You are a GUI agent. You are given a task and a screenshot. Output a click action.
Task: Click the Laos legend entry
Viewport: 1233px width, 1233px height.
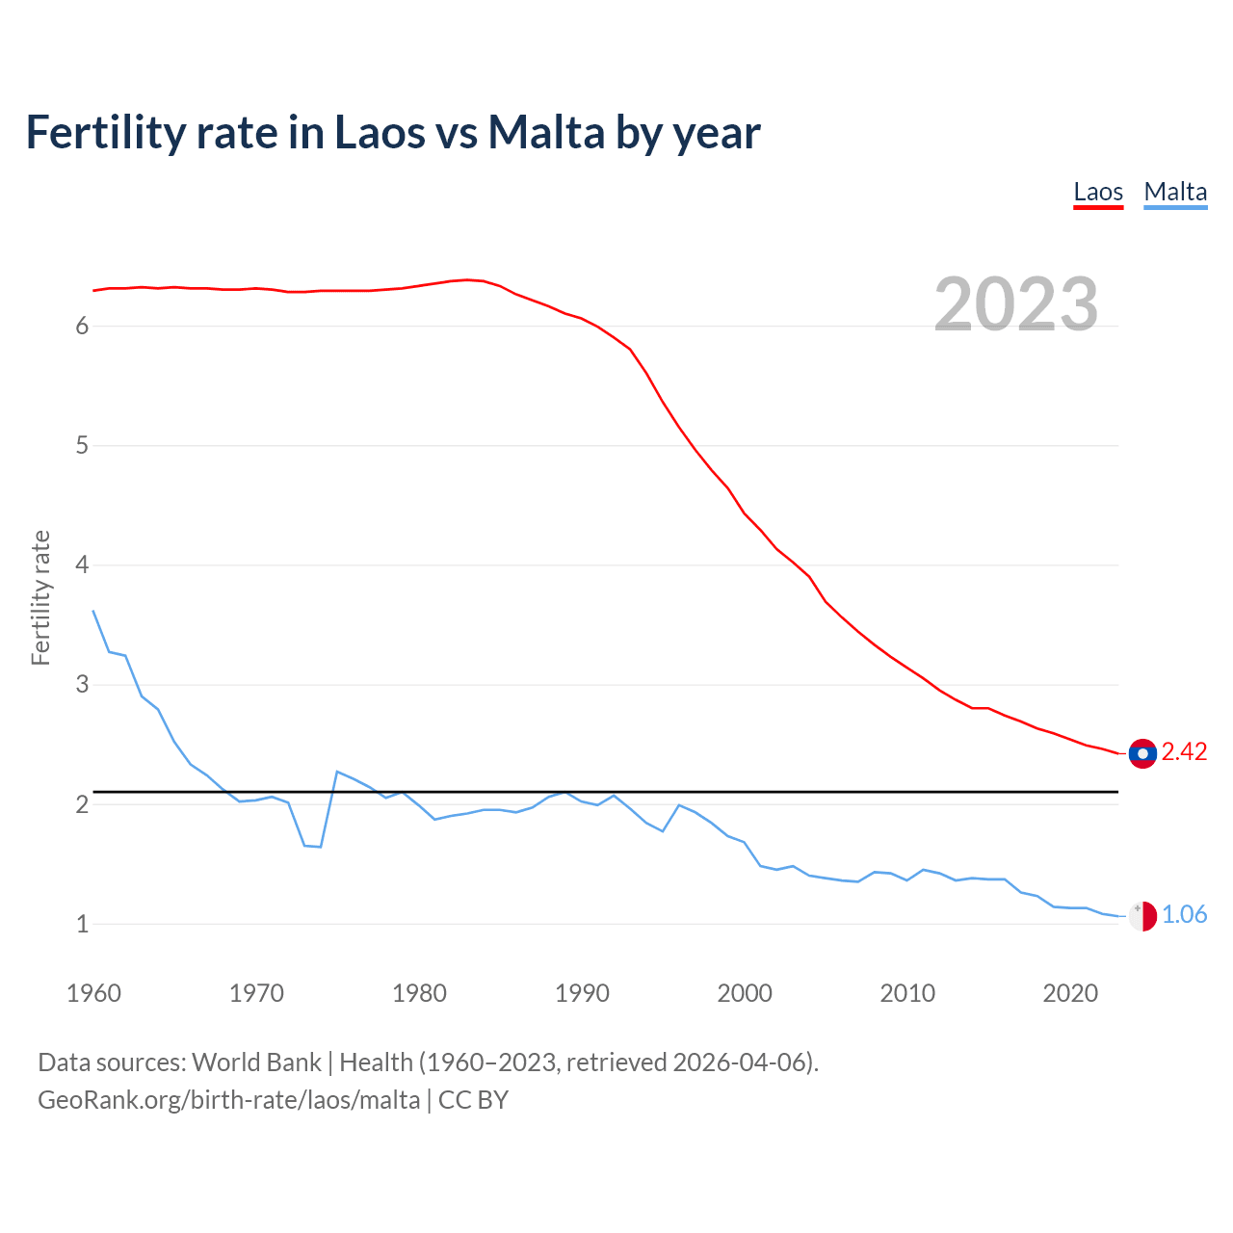pyautogui.click(x=1098, y=192)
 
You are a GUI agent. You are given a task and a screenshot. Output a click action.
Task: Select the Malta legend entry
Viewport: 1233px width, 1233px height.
pyautogui.click(x=1175, y=192)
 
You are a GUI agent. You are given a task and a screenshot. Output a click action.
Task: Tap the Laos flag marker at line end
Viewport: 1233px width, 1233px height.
pyautogui.click(x=1142, y=753)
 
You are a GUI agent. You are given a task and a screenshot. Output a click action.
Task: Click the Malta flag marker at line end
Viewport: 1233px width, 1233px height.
pyautogui.click(x=1142, y=916)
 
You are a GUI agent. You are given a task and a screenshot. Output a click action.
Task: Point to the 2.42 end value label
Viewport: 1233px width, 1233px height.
pyautogui.click(x=1184, y=752)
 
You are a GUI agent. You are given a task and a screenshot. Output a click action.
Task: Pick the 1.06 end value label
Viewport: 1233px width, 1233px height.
pyautogui.click(x=1184, y=915)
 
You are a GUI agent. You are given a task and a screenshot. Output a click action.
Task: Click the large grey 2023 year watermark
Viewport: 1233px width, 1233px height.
pyautogui.click(x=1016, y=304)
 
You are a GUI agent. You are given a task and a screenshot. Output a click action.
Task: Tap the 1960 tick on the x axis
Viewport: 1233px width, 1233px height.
pyautogui.click(x=93, y=993)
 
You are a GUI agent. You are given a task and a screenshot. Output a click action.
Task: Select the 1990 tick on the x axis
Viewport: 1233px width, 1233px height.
pyautogui.click(x=582, y=993)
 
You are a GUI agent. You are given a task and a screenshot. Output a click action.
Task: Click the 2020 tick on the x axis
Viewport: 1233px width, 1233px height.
pyautogui.click(x=1070, y=993)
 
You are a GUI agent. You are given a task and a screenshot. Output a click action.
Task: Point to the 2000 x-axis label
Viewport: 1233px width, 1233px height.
pyautogui.click(x=745, y=993)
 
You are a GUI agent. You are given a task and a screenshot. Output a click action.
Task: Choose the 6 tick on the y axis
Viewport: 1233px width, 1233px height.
pyautogui.click(x=82, y=327)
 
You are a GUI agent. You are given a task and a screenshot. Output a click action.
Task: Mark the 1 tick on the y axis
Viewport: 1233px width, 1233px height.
pyautogui.click(x=82, y=925)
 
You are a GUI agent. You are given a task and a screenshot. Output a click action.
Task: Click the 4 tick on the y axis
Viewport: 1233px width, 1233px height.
pyautogui.click(x=82, y=565)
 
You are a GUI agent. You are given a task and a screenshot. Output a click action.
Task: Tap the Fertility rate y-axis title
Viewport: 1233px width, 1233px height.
pyautogui.click(x=40, y=597)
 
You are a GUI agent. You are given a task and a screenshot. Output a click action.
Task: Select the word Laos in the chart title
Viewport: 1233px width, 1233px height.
pyautogui.click(x=379, y=133)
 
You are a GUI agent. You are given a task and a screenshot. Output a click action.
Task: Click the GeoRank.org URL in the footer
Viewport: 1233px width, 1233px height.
pyautogui.click(x=229, y=1100)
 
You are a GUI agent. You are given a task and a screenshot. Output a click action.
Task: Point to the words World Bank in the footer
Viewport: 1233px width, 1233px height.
pyautogui.click(x=256, y=1062)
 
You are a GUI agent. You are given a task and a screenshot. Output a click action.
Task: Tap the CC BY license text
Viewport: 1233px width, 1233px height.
pyautogui.click(x=473, y=1100)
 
